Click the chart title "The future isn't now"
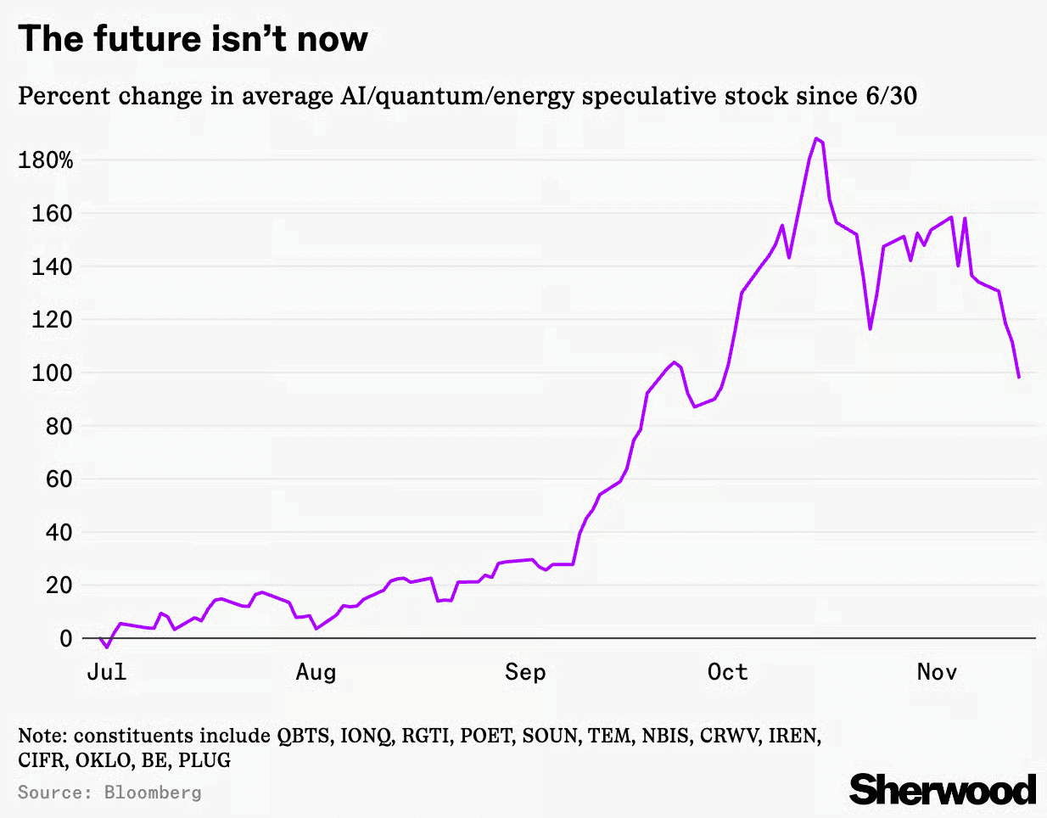coord(193,39)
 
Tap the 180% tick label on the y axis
coord(46,160)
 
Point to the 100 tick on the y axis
coord(53,373)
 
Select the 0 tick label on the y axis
coord(65,638)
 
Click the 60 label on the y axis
coord(59,479)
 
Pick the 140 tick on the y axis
coord(53,266)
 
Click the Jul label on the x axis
coord(107,672)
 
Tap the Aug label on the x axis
coord(316,672)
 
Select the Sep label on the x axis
coord(525,672)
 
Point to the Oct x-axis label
coord(727,672)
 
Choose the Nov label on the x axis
coord(937,672)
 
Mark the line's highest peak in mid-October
coord(816,138)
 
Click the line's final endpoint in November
coord(1019,377)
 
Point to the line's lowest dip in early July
coord(107,647)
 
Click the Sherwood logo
coord(943,789)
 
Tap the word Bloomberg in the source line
coord(153,793)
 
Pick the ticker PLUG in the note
coord(204,759)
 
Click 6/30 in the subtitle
coord(891,96)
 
